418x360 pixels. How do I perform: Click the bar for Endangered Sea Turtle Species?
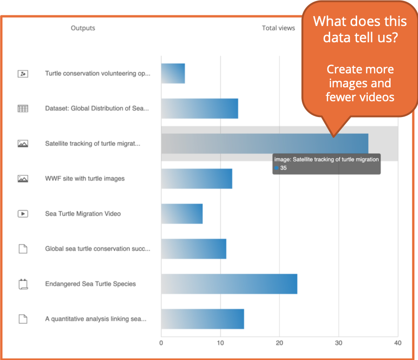(229, 284)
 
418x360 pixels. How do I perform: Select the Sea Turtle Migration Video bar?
(182, 214)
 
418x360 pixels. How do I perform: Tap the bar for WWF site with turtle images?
(196, 179)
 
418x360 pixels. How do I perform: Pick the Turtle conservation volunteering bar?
(173, 73)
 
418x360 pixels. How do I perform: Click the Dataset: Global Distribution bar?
(199, 109)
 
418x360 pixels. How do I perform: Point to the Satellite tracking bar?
(264, 144)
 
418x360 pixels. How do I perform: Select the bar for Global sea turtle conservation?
(193, 249)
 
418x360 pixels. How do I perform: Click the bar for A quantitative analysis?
(202, 319)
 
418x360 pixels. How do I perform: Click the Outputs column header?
(83, 28)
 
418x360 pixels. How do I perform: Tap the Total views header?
(278, 28)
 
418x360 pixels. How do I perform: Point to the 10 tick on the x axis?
(220, 343)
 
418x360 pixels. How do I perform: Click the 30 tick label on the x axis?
(338, 343)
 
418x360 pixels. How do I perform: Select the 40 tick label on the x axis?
(397, 343)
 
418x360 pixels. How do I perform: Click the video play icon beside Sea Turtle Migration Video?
(23, 214)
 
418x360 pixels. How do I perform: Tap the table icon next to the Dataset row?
(23, 109)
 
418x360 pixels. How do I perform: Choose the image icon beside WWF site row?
(23, 179)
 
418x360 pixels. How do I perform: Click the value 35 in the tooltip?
(284, 168)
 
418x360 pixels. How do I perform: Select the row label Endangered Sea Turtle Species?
(90, 284)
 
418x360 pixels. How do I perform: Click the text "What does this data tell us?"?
(360, 29)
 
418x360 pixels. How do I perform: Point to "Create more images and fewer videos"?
(360, 83)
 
